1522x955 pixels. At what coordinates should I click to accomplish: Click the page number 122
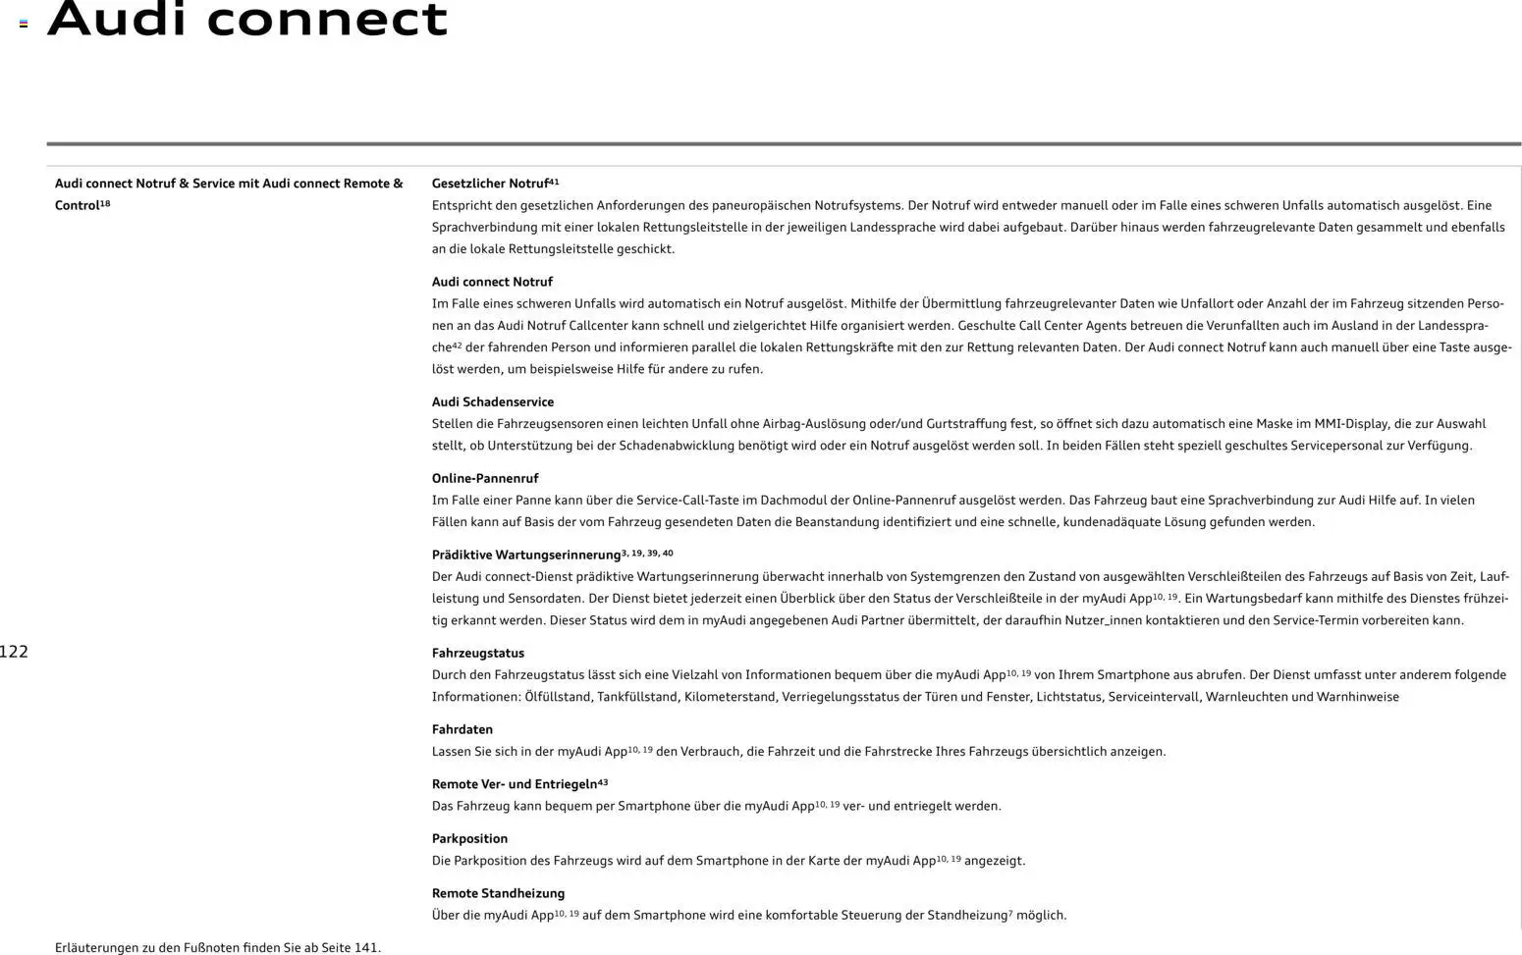tap(14, 652)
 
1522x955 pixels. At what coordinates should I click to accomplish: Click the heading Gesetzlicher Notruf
tap(490, 184)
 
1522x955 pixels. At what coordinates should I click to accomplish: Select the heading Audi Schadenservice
tap(492, 401)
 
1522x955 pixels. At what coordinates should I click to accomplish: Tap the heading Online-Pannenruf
tap(485, 478)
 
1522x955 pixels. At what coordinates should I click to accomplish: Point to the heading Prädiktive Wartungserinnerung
tap(526, 555)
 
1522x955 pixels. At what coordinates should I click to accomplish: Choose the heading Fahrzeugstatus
tap(477, 653)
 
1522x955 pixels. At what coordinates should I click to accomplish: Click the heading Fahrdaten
tap(462, 729)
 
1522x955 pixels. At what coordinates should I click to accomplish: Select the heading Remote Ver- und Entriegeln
tap(514, 784)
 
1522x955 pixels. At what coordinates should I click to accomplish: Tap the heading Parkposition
tap(469, 838)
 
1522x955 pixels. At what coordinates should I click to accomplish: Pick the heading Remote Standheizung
tap(498, 893)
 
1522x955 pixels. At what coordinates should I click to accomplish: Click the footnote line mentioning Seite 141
tap(218, 947)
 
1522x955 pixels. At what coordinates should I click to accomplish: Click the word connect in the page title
tap(327, 20)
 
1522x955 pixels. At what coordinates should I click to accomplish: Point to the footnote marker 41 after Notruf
tap(554, 182)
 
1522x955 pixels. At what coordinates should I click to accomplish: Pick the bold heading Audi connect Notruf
tap(492, 282)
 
